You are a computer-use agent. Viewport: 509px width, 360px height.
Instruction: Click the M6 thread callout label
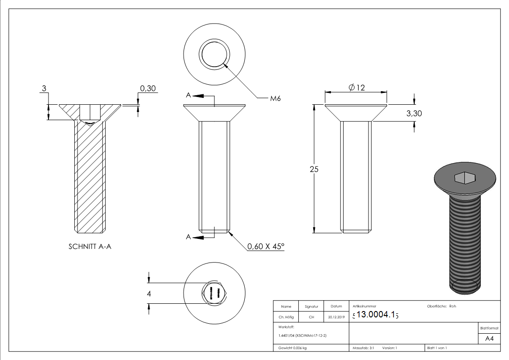tap(275, 98)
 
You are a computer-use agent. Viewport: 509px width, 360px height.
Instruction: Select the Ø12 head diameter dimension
tap(357, 88)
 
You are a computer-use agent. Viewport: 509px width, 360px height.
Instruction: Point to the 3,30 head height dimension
tap(413, 113)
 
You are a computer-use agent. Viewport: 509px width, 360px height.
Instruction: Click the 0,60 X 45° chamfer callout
tap(266, 247)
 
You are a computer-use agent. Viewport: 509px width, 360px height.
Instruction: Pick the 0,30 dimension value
tap(148, 88)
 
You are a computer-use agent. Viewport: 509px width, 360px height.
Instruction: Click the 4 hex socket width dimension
tap(149, 293)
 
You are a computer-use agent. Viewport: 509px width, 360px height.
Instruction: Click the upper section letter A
tap(188, 95)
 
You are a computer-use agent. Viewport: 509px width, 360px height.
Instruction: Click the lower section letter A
tap(188, 237)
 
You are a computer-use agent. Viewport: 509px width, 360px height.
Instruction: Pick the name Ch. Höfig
tap(286, 317)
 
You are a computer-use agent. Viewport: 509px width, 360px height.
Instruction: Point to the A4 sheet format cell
tap(489, 339)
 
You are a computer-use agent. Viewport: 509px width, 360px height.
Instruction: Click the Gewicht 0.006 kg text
tap(293, 348)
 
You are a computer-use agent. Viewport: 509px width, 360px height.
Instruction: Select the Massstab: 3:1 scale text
tap(363, 348)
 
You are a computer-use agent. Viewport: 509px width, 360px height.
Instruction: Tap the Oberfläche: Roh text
tap(441, 306)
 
